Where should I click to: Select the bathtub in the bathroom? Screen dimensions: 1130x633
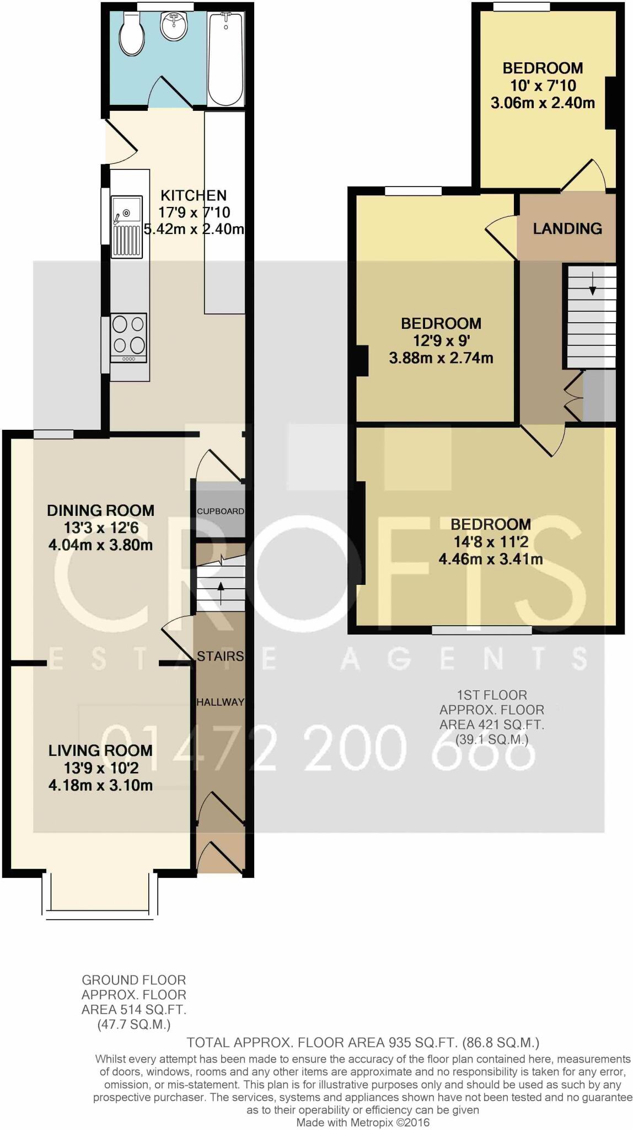(x=226, y=59)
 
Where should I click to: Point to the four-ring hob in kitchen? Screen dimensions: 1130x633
(x=129, y=337)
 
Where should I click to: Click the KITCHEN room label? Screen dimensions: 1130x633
(x=194, y=195)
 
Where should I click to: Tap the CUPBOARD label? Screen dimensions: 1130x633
(x=221, y=511)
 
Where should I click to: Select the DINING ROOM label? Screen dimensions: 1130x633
(x=100, y=510)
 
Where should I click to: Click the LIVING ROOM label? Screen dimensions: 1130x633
(x=100, y=750)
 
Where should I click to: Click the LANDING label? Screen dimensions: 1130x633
(x=567, y=228)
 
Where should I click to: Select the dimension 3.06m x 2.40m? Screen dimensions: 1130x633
(x=543, y=103)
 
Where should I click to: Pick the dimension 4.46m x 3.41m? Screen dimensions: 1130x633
(x=491, y=559)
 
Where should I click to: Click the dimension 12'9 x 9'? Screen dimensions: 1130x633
(x=441, y=340)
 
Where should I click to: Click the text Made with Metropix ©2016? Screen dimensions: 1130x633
(x=363, y=1122)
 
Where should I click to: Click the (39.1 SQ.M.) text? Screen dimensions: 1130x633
(x=492, y=739)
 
